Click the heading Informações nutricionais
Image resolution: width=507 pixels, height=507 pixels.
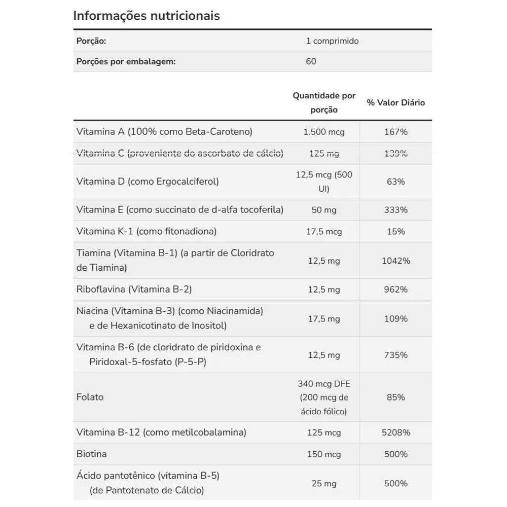(147, 16)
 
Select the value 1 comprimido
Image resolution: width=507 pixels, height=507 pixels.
(332, 41)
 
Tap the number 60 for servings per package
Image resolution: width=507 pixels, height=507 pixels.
(311, 61)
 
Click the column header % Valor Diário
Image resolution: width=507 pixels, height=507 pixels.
(396, 102)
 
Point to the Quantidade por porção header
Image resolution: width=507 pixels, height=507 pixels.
(324, 102)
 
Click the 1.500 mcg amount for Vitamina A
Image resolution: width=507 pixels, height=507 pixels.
(323, 132)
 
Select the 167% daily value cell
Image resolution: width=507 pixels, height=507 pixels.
(396, 132)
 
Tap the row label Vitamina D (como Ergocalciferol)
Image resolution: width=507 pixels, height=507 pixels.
(148, 182)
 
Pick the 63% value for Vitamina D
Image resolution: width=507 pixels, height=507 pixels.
(396, 182)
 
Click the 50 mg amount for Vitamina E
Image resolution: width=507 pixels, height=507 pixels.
(323, 210)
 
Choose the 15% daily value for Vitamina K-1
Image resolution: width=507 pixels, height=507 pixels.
(396, 232)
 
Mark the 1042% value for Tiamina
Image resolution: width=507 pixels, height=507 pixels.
(396, 261)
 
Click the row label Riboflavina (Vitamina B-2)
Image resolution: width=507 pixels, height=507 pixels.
(134, 289)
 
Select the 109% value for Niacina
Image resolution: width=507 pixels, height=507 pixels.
(396, 319)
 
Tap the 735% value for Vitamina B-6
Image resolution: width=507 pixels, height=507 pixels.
(396, 355)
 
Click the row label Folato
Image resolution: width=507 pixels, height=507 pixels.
(90, 397)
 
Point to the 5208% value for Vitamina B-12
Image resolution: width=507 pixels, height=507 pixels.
(396, 432)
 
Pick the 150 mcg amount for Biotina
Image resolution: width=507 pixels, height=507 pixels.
(323, 454)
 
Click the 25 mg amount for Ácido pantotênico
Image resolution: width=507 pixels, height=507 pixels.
(323, 484)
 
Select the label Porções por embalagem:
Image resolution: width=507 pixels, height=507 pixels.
(126, 61)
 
